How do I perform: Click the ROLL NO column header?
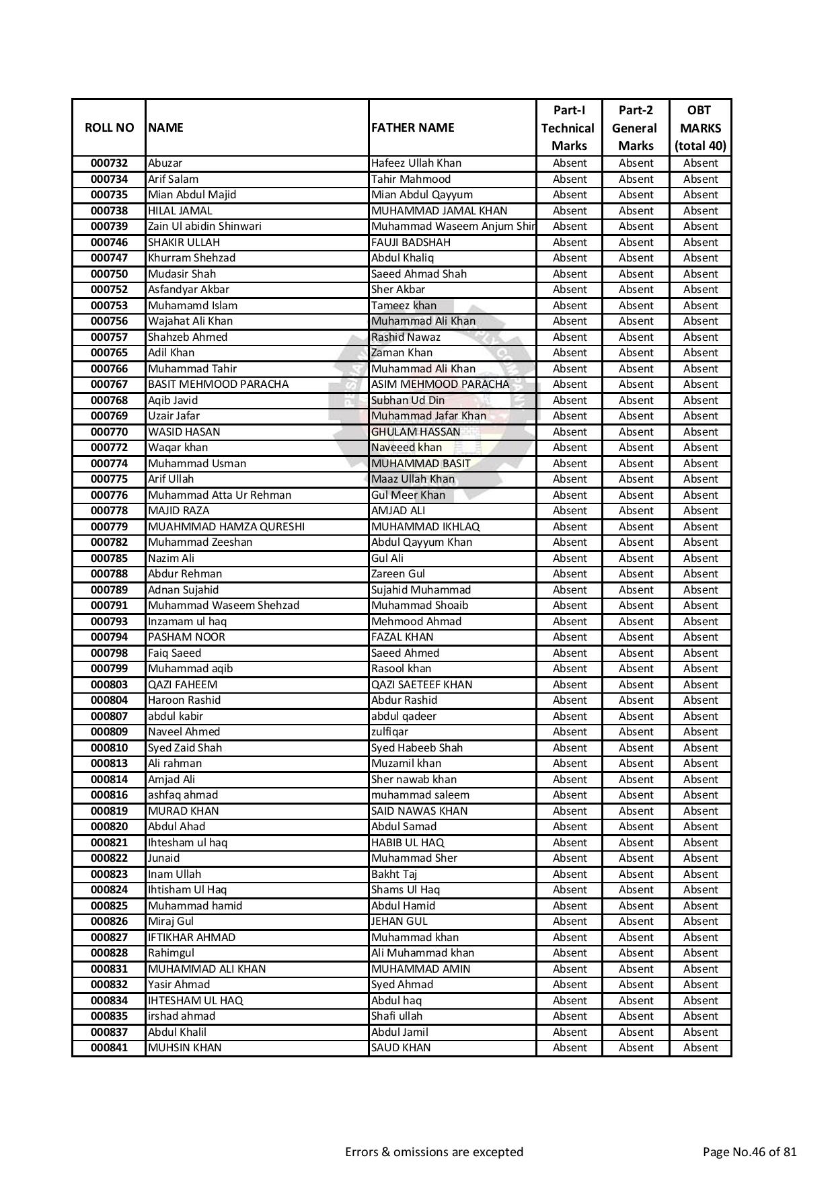click(109, 128)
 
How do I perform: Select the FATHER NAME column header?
click(412, 128)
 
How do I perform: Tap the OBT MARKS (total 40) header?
click(699, 128)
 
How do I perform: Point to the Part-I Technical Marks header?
click(568, 128)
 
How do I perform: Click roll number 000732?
click(109, 163)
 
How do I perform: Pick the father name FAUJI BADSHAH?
click(410, 242)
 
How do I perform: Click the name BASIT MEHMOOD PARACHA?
click(218, 384)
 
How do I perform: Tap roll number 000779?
click(109, 526)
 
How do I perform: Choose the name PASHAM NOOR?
click(186, 637)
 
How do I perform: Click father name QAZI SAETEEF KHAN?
click(421, 684)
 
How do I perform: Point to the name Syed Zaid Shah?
click(184, 747)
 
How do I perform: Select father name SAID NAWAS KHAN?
click(419, 811)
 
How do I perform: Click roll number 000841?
click(109, 1047)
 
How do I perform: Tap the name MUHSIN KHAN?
click(184, 1047)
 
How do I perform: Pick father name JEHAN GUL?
click(399, 921)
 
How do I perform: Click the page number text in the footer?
click(749, 1152)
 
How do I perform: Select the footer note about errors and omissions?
click(434, 1152)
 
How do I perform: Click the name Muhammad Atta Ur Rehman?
click(219, 495)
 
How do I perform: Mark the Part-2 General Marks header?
click(635, 128)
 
